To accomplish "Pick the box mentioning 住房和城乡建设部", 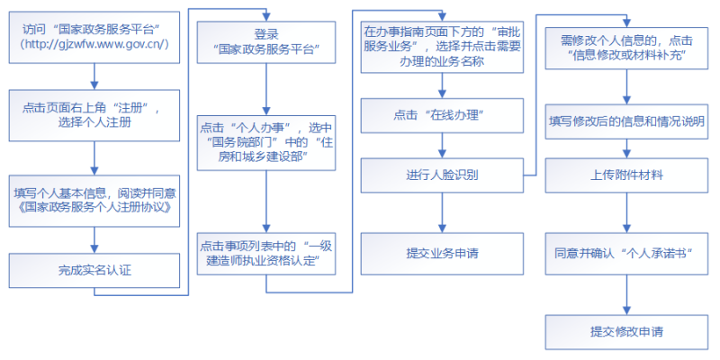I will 267,142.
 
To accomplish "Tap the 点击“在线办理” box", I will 442,114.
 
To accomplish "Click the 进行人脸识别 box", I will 442,174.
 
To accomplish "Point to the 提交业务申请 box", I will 442,253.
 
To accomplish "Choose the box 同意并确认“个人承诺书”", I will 626,253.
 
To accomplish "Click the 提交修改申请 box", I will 626,331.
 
